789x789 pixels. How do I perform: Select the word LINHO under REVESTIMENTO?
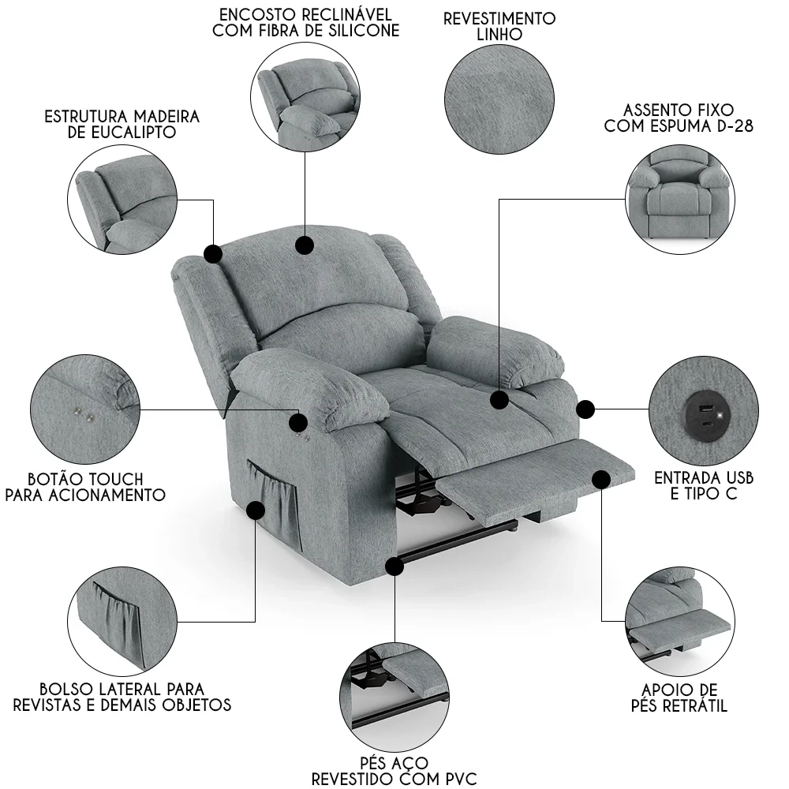click(499, 35)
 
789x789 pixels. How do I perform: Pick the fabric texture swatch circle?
click(499, 99)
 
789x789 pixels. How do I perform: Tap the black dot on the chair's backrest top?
click(305, 245)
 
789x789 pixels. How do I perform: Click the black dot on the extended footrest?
click(601, 480)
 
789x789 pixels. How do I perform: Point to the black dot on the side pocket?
click(256, 510)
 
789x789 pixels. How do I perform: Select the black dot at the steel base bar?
click(395, 567)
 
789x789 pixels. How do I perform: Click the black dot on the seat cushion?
click(499, 400)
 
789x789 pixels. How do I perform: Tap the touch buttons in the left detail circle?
click(84, 413)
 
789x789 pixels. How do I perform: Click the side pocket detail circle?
click(122, 622)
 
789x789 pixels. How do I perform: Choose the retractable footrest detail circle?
click(680, 622)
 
